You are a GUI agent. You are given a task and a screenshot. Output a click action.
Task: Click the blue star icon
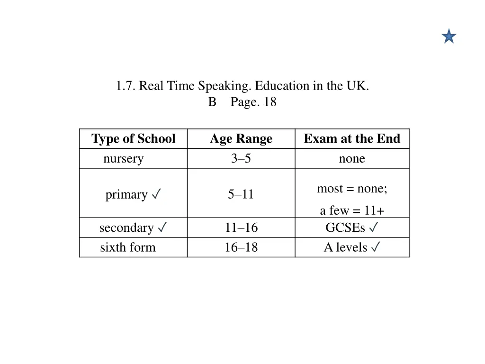click(x=449, y=36)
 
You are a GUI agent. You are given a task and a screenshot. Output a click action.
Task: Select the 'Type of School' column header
click(x=133, y=139)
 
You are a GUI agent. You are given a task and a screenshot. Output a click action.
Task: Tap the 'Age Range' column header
click(x=241, y=139)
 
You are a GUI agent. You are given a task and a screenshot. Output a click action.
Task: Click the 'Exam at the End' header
click(x=352, y=139)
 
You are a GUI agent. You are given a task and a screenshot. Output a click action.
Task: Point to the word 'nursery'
click(x=123, y=159)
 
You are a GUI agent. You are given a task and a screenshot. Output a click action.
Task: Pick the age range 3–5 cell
click(x=241, y=159)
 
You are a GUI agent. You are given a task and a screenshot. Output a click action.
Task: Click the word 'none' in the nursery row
click(x=352, y=159)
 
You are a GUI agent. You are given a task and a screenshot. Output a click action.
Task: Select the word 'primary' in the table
click(x=126, y=195)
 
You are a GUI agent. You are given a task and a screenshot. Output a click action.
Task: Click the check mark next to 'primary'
click(x=156, y=194)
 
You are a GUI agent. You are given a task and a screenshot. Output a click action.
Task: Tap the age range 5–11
click(x=241, y=194)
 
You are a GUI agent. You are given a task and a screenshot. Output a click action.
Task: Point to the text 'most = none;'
click(x=352, y=189)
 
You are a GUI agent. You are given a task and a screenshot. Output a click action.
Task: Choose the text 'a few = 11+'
click(x=352, y=211)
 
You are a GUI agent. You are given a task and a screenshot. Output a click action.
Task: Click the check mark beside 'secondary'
click(x=162, y=227)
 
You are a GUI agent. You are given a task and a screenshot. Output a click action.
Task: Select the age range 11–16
click(x=241, y=228)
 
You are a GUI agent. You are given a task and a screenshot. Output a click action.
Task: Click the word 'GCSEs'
click(x=345, y=228)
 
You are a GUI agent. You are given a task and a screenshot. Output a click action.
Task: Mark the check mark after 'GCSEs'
click(x=373, y=227)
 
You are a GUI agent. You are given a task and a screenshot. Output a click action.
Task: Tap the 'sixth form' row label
click(x=128, y=247)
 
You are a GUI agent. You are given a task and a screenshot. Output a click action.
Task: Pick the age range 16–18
click(x=241, y=247)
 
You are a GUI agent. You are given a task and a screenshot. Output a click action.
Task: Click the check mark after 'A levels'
click(x=376, y=247)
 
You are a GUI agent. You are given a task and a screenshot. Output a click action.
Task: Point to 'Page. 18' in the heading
click(x=253, y=102)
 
